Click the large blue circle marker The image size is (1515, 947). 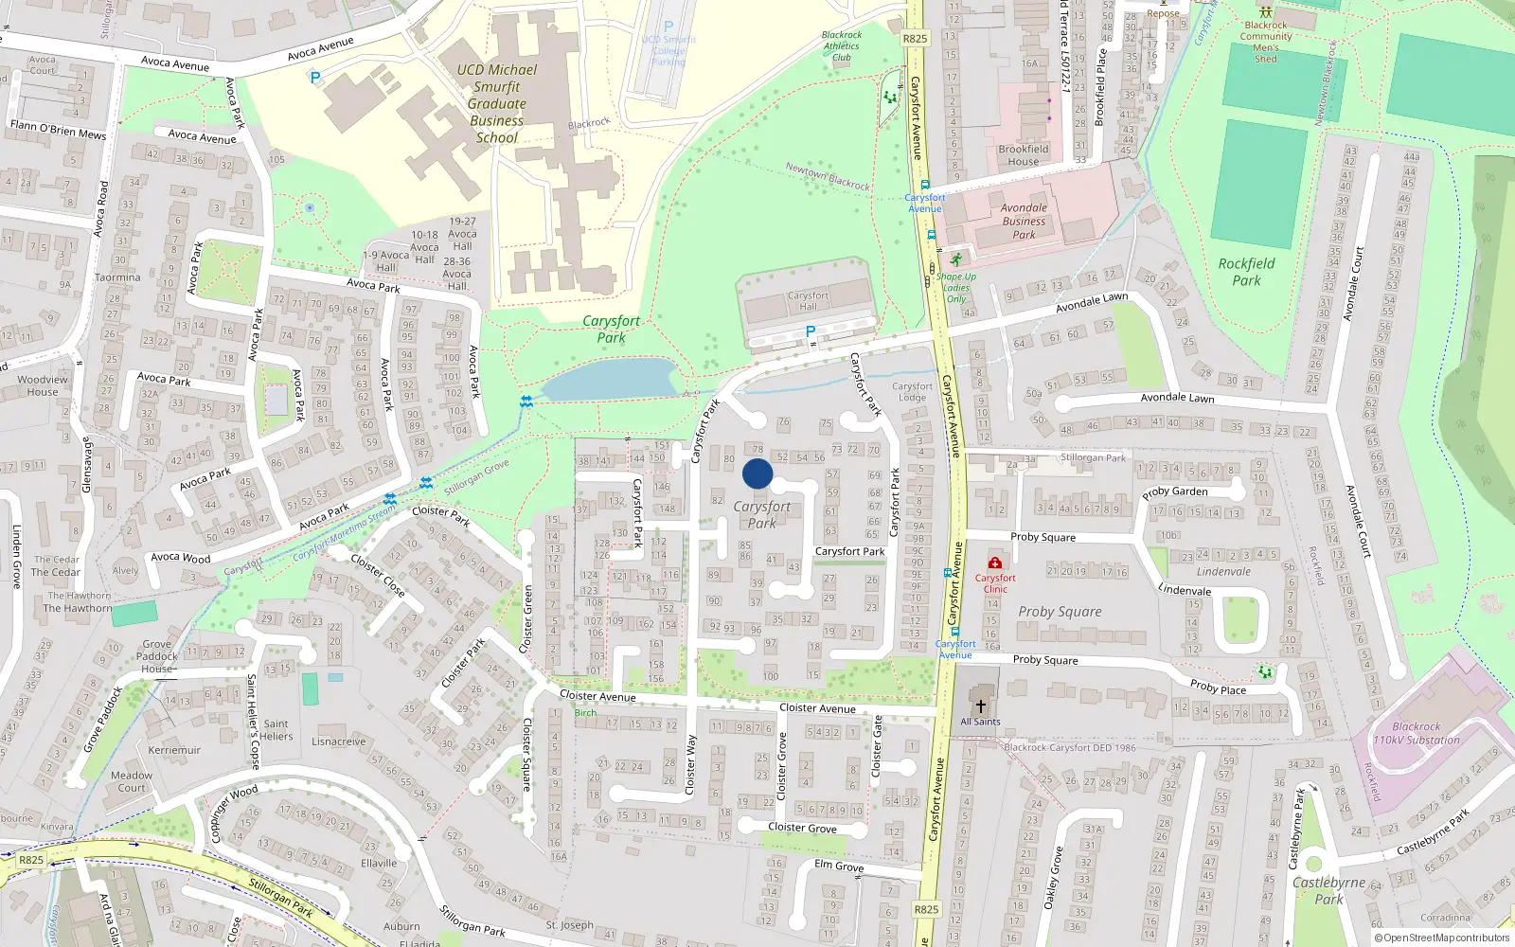coord(757,473)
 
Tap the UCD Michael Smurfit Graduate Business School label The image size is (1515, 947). coord(496,103)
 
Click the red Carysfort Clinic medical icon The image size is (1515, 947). coord(994,563)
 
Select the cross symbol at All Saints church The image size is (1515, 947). coord(981,706)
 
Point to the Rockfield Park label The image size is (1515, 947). coord(1246,272)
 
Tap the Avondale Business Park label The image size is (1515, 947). coord(1024,221)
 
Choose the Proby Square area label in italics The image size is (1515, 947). coord(1060,612)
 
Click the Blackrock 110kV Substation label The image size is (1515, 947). coord(1417,734)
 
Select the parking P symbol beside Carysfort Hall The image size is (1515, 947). coord(810,331)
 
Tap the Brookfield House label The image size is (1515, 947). coord(1023,154)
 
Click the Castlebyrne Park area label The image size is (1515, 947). coord(1328,890)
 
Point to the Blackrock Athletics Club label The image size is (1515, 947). coord(842,45)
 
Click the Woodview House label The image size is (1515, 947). coord(43,385)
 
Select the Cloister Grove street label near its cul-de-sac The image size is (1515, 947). coord(802,828)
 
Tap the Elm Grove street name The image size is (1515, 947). coord(839,866)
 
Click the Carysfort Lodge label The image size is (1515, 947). coord(912,391)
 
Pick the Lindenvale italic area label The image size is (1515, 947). coord(1223,572)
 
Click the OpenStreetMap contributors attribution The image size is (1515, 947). coord(1442,938)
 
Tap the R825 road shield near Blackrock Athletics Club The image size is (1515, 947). coord(916,39)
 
